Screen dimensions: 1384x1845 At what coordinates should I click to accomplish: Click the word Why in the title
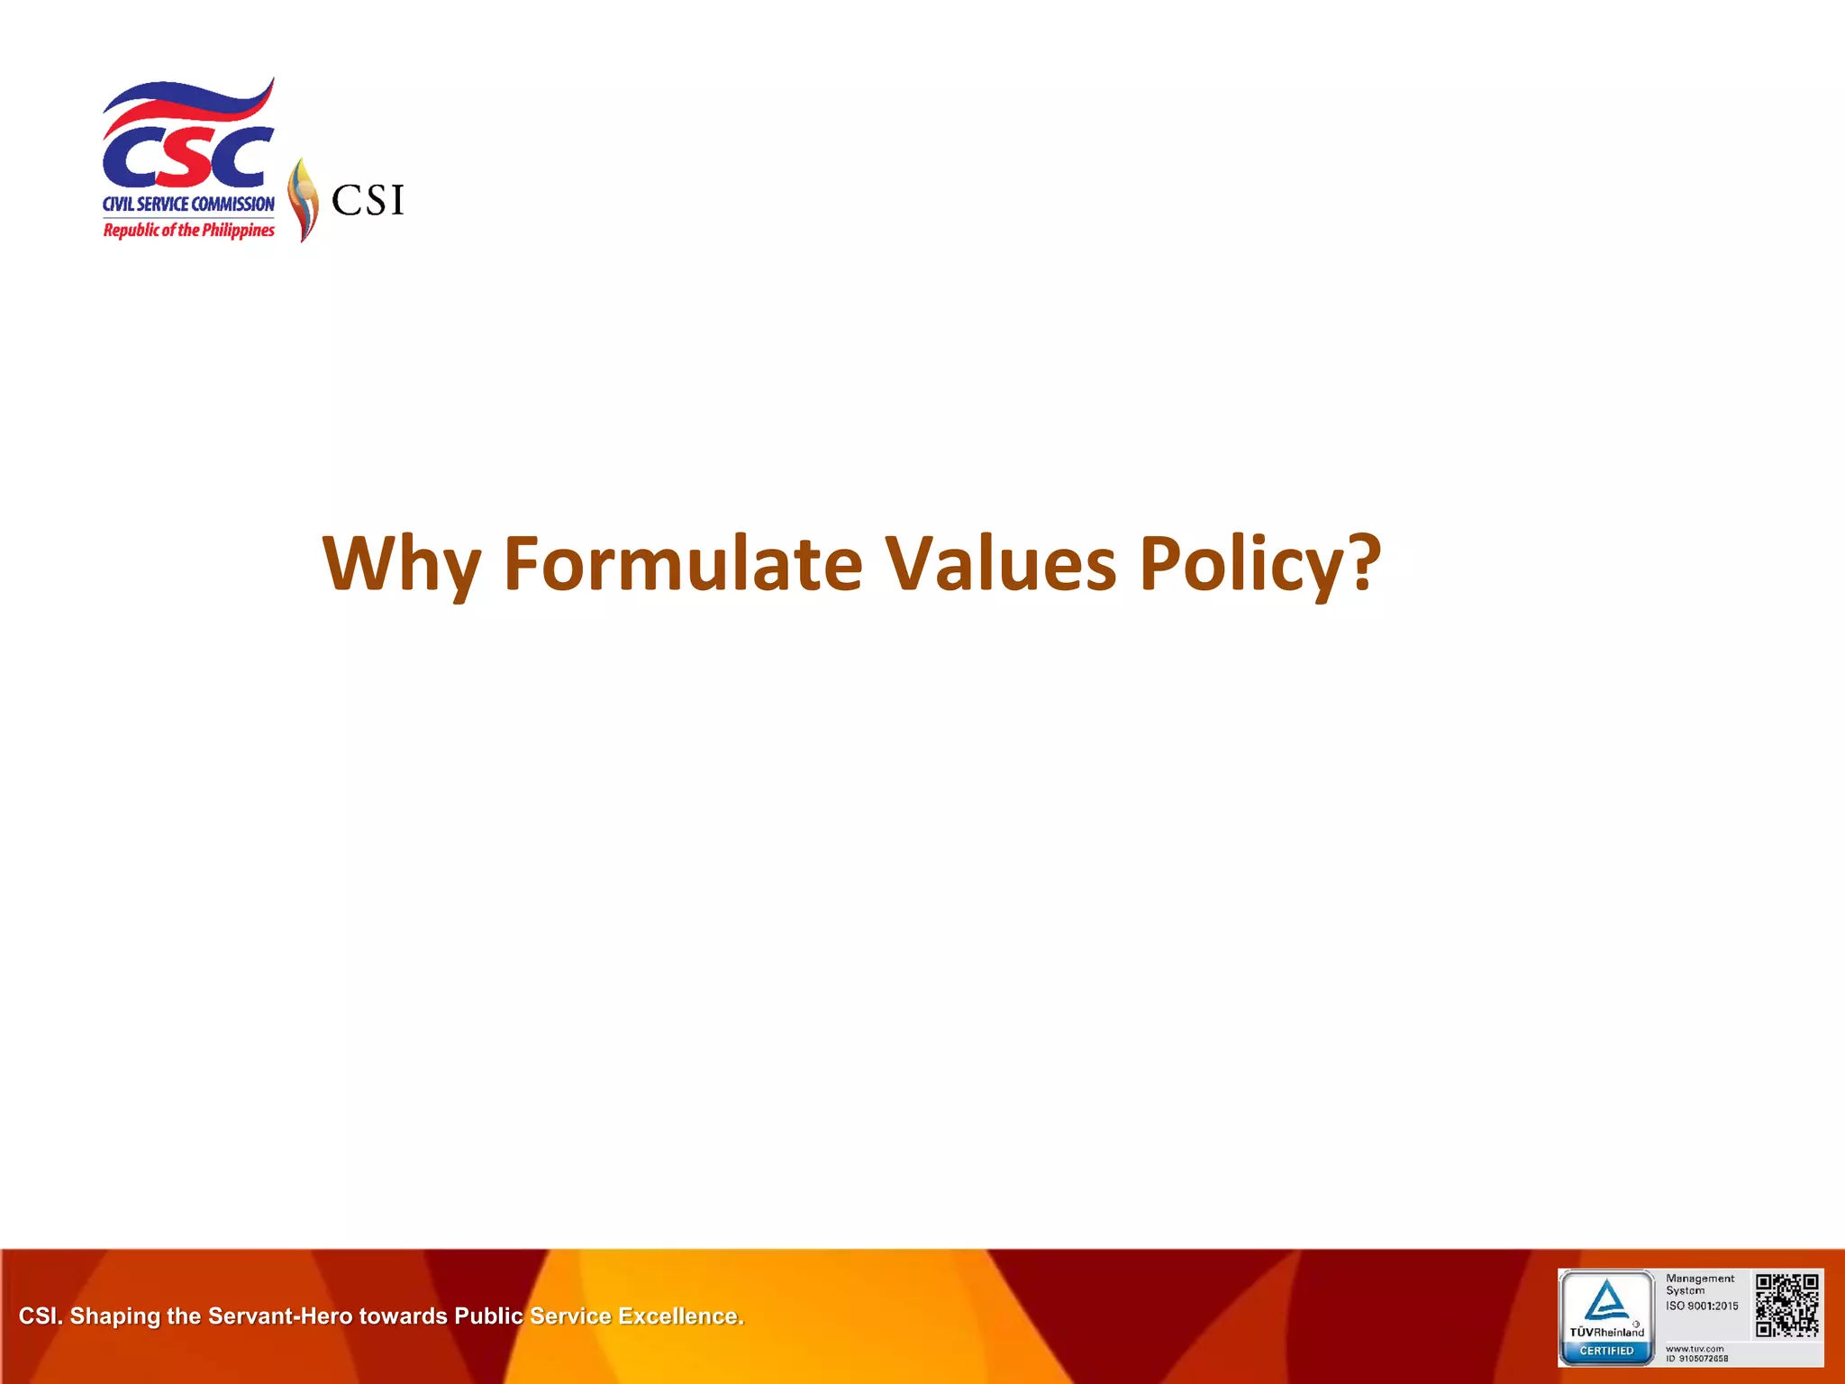[401, 564]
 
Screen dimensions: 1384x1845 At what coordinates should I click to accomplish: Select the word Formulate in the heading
[682, 564]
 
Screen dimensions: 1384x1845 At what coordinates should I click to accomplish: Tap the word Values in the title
[1000, 564]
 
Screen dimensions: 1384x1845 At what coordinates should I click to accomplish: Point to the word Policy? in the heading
[1259, 564]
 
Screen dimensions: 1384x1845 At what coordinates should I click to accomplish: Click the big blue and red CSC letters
[187, 158]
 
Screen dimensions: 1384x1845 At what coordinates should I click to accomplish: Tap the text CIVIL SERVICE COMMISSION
[188, 205]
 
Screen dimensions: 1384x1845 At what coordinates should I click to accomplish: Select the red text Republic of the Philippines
[188, 231]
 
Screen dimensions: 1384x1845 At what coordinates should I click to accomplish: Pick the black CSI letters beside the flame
[368, 200]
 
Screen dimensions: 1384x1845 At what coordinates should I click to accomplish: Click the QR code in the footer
[1787, 1306]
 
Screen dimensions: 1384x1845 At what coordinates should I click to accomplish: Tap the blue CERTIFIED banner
[1606, 1351]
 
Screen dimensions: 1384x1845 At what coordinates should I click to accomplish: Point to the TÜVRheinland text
[1606, 1332]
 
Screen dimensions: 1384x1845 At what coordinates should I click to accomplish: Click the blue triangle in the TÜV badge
[1606, 1301]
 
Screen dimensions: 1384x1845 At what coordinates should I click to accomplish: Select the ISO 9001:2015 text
[1702, 1306]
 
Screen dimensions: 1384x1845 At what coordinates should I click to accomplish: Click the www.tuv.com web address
[1695, 1349]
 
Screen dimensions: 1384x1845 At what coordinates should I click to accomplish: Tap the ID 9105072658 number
[1697, 1359]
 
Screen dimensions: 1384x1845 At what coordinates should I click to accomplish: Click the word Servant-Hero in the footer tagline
[280, 1316]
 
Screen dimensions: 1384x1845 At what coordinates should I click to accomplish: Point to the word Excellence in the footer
[679, 1316]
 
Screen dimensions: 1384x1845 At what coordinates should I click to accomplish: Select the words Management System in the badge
[1699, 1284]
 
